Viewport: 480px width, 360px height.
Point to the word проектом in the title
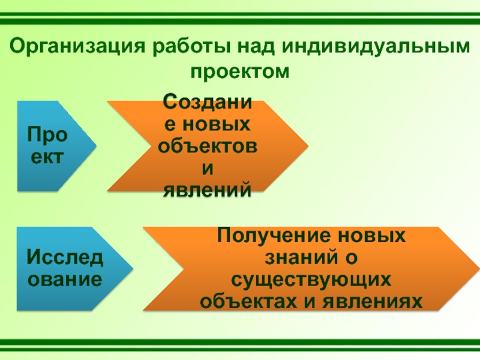coord(240,71)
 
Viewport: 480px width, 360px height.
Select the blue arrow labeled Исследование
coord(66,269)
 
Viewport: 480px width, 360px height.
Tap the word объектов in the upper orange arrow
coord(208,146)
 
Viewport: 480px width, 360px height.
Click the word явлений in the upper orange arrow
coord(208,190)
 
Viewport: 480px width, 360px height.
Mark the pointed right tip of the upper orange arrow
coord(308,146)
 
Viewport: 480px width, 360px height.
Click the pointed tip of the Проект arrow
coord(96,146)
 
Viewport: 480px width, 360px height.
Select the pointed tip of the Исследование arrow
coord(133,268)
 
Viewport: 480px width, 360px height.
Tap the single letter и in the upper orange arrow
coord(208,168)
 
